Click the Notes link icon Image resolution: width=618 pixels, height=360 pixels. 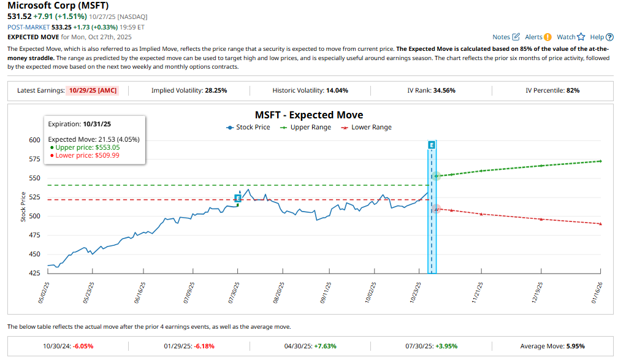(516, 37)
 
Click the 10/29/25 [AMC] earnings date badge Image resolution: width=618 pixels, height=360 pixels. (92, 90)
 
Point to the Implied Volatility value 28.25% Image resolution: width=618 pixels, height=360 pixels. (215, 90)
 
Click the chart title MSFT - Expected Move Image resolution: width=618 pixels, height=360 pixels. (308, 115)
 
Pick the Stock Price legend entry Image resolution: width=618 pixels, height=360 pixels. (248, 128)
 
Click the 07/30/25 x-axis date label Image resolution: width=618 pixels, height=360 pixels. (233, 293)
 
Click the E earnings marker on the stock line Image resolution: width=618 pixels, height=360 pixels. (238, 198)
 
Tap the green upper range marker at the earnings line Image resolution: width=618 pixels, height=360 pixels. (436, 176)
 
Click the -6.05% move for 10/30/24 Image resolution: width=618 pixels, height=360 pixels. (83, 345)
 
